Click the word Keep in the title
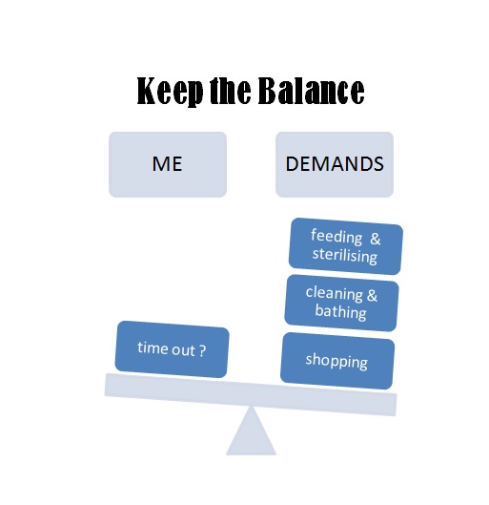click(x=170, y=91)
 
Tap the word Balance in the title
click(x=312, y=91)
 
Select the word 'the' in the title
click(x=230, y=91)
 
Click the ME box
click(x=168, y=164)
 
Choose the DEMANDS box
click(x=335, y=164)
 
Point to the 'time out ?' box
click(x=172, y=349)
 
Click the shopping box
click(x=337, y=361)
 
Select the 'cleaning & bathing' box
click(x=341, y=303)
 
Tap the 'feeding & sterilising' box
click(x=346, y=246)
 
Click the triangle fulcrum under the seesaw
click(x=251, y=434)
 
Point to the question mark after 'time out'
click(x=202, y=350)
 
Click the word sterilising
click(x=345, y=255)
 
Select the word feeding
click(x=336, y=237)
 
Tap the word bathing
click(x=341, y=312)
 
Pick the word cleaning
click(x=335, y=294)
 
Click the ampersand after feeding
click(x=375, y=239)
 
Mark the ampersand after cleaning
click(x=372, y=295)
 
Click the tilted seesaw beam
click(x=251, y=394)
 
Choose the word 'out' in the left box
click(x=184, y=350)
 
